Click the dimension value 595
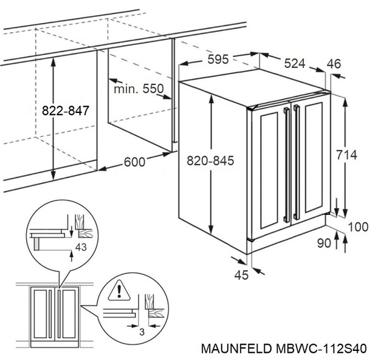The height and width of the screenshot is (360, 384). pyautogui.click(x=218, y=59)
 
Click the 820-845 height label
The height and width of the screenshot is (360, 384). pyautogui.click(x=211, y=161)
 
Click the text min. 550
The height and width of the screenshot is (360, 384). pyautogui.click(x=139, y=89)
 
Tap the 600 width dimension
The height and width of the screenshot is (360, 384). pyautogui.click(x=134, y=161)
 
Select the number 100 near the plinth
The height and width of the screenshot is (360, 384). pyautogui.click(x=358, y=226)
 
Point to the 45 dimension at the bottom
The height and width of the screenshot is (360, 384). pyautogui.click(x=242, y=274)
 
